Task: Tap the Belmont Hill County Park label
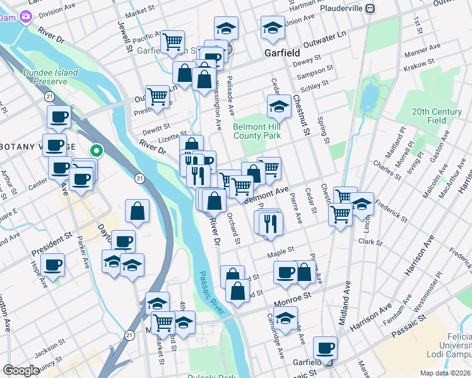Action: pos(257,130)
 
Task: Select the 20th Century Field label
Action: pos(437,115)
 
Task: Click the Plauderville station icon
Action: pos(371,9)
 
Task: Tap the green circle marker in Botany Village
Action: pos(97,151)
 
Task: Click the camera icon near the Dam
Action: pos(26,16)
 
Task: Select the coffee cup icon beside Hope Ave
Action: pos(54,265)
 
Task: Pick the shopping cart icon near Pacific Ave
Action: pos(172,42)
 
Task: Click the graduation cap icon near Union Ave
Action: pos(273,28)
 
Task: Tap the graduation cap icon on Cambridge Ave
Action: pos(286,318)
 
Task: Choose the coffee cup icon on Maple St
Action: pos(285,272)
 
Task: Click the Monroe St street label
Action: pos(296,295)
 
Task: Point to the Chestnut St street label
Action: pos(300,115)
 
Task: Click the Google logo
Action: pos(21,370)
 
